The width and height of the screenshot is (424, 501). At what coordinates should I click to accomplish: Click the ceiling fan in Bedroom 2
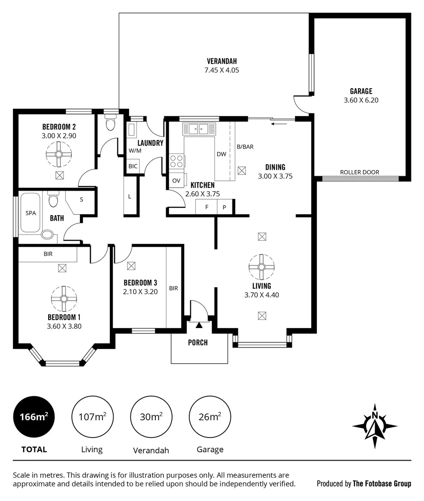(x=59, y=154)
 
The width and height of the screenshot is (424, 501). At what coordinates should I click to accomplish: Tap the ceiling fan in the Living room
(x=262, y=267)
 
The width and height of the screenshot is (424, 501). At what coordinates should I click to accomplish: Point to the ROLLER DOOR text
(x=360, y=172)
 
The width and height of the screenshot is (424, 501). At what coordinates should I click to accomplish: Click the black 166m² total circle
(x=34, y=417)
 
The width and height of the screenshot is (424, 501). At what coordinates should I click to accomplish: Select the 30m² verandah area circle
(x=151, y=417)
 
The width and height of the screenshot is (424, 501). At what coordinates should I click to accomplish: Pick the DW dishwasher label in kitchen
(x=221, y=154)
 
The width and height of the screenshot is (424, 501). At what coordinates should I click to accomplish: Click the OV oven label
(x=176, y=180)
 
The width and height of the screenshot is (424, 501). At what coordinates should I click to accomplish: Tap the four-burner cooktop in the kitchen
(x=177, y=161)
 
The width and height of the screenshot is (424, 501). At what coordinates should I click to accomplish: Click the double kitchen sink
(x=199, y=128)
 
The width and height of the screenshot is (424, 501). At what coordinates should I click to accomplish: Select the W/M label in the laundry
(x=135, y=151)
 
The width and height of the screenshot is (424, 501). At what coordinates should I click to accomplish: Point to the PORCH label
(x=198, y=343)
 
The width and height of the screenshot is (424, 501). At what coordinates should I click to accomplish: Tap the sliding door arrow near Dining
(x=278, y=124)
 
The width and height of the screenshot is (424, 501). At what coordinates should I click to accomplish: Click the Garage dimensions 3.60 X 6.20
(x=361, y=100)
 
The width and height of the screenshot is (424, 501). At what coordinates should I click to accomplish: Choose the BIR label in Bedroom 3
(x=173, y=288)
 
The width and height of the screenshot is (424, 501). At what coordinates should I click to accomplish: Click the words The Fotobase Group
(x=382, y=483)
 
